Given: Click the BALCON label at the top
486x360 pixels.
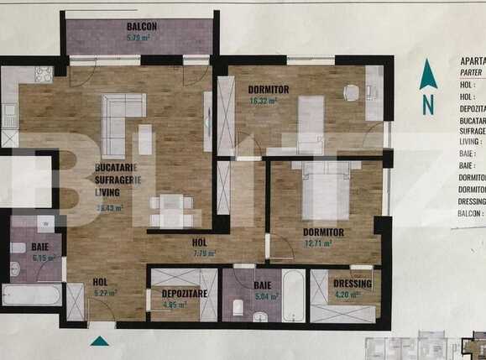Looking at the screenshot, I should click(142, 27).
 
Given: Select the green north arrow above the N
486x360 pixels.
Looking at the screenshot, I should click(428, 76).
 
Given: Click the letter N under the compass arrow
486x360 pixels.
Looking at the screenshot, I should click(428, 106).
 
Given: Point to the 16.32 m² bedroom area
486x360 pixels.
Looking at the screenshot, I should click(264, 101).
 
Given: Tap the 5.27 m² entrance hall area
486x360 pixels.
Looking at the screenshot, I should click(105, 294).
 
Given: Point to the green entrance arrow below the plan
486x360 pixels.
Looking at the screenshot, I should click(100, 341).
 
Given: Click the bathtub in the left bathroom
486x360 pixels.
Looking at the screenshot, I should click(31, 295).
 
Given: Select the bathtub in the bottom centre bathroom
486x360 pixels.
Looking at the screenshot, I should click(294, 295).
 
